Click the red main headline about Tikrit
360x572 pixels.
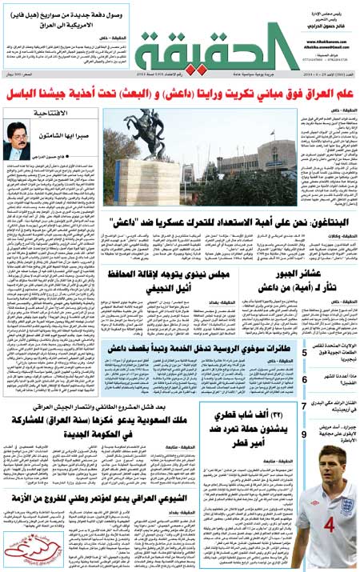point(180,96)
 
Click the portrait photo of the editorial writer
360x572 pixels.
point(18,141)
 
